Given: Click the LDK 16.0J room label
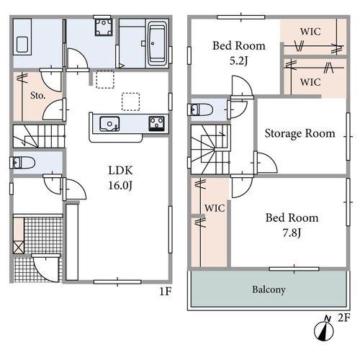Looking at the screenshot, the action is tap(120, 178).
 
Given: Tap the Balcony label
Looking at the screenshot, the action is tap(269, 289).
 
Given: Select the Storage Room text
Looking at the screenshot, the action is tap(300, 133).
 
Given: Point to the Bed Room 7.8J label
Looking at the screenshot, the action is tap(292, 225).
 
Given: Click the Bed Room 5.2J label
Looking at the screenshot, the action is tap(239, 53).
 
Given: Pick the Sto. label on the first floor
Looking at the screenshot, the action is tap(37, 96).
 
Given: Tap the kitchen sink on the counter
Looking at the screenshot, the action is tap(109, 124).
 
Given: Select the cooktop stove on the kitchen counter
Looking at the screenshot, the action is tap(157, 123).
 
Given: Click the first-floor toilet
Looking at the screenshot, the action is tap(22, 163).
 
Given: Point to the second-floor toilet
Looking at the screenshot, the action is tap(202, 110).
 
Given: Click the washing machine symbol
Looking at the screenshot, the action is tap(104, 27).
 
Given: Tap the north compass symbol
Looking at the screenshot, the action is tap(324, 330).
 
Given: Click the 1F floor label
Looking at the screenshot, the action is tap(166, 292).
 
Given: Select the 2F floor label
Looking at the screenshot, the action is tap(344, 318).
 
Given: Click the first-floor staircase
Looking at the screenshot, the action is tap(39, 136).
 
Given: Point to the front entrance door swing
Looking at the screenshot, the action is tap(45, 268).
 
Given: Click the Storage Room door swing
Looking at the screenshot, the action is tap(265, 162).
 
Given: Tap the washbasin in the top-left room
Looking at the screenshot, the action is tap(22, 45).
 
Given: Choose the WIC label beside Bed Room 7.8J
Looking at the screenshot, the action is tap(215, 208).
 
